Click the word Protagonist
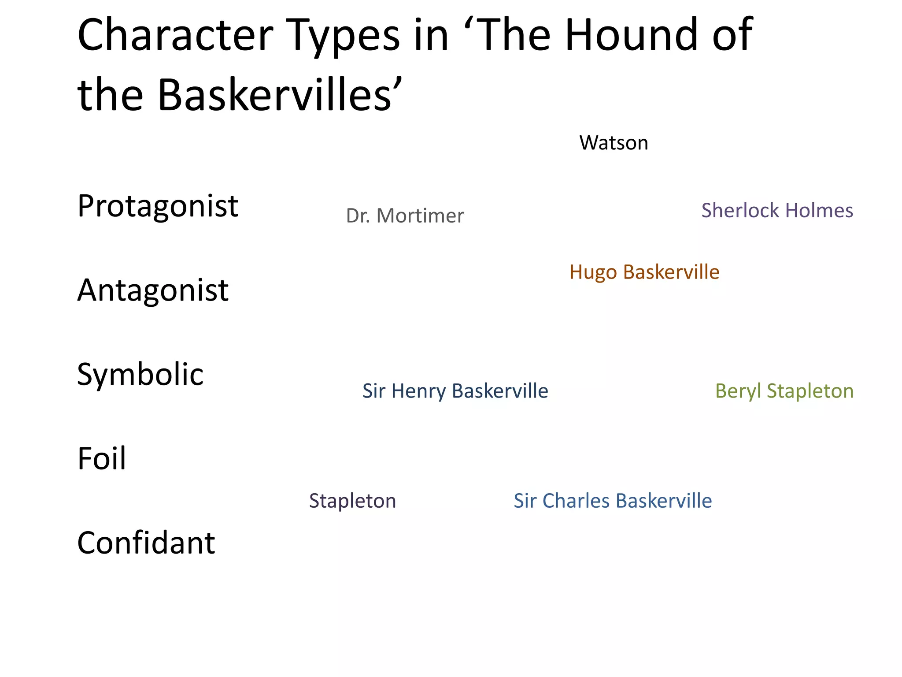(158, 206)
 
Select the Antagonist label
(153, 290)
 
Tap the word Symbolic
(140, 375)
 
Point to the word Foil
(102, 458)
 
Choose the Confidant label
(146, 543)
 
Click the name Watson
(614, 143)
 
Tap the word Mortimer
(420, 216)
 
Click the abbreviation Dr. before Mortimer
(358, 216)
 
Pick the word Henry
(418, 391)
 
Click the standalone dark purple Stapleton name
(352, 501)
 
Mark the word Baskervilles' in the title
(280, 94)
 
